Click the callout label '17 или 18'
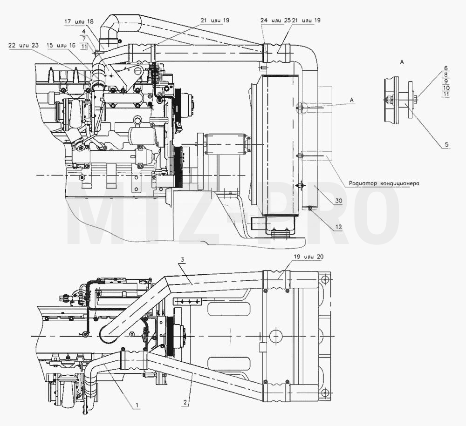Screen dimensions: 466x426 79,21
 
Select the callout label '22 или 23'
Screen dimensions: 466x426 23,45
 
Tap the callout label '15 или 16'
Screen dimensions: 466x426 61,45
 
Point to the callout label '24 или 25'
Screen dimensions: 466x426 275,20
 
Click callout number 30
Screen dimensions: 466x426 339,201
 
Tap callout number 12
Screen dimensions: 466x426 339,227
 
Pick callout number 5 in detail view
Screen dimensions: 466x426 446,145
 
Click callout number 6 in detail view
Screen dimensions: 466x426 446,68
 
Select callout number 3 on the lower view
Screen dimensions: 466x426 183,259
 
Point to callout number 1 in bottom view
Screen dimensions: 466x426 137,405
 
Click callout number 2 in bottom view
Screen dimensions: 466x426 185,403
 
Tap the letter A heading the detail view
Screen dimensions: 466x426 402,62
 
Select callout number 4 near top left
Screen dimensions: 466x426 84,31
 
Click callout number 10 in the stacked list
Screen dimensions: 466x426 446,88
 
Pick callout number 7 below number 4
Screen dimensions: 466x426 84,38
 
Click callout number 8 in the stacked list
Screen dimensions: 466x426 446,75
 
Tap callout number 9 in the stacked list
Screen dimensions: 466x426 446,81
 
